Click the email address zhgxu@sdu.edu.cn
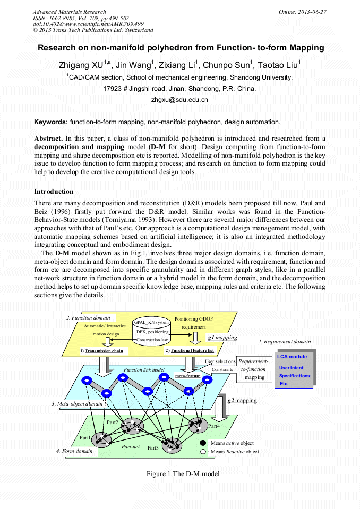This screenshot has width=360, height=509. (x=179, y=99)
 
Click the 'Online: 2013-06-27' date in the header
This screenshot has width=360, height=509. (x=302, y=12)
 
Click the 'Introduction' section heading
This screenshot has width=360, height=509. (x=54, y=192)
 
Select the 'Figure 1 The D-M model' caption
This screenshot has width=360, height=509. (x=183, y=473)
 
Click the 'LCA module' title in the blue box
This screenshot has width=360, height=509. (x=292, y=357)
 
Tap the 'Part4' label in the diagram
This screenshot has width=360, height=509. (x=214, y=426)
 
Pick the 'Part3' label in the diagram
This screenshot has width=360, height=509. (x=153, y=448)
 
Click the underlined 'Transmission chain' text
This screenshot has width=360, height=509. (x=104, y=351)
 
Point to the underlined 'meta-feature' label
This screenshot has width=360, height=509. (x=187, y=376)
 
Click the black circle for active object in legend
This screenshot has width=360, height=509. (x=203, y=443)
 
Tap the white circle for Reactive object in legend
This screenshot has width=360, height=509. (x=203, y=452)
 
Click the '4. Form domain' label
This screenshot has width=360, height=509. (x=74, y=451)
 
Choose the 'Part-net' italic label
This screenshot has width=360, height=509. (x=130, y=447)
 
